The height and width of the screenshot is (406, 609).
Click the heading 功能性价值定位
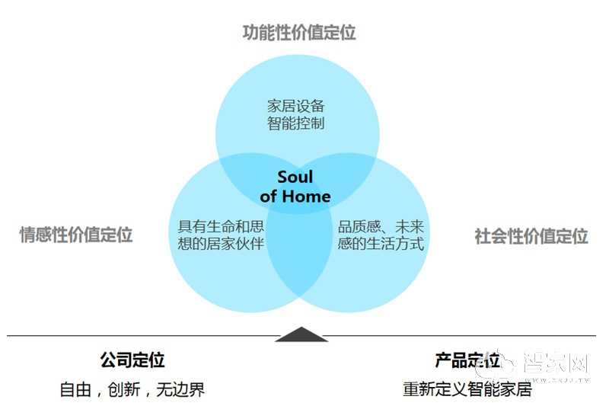coord(299,33)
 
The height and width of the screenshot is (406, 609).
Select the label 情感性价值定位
coord(76,235)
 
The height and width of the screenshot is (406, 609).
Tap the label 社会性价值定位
coord(531,236)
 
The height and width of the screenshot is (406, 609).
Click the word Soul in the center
coord(295,177)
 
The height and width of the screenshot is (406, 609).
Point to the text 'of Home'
coord(295,196)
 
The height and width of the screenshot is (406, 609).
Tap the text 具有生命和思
coord(221,227)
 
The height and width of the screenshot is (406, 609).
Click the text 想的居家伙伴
coord(221,245)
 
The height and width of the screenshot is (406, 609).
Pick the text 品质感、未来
coord(380,227)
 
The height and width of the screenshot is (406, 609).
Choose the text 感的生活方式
coord(380,245)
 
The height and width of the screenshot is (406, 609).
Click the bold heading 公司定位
coord(132,360)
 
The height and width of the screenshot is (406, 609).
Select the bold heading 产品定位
coord(467,360)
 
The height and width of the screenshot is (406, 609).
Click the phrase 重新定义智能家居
coord(467,389)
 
